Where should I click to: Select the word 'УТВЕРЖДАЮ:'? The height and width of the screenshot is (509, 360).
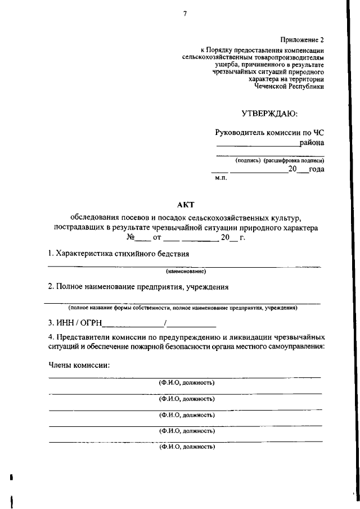(269, 114)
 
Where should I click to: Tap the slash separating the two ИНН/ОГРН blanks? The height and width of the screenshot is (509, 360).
(165, 323)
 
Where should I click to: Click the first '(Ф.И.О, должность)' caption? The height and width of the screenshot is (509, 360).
(186, 383)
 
